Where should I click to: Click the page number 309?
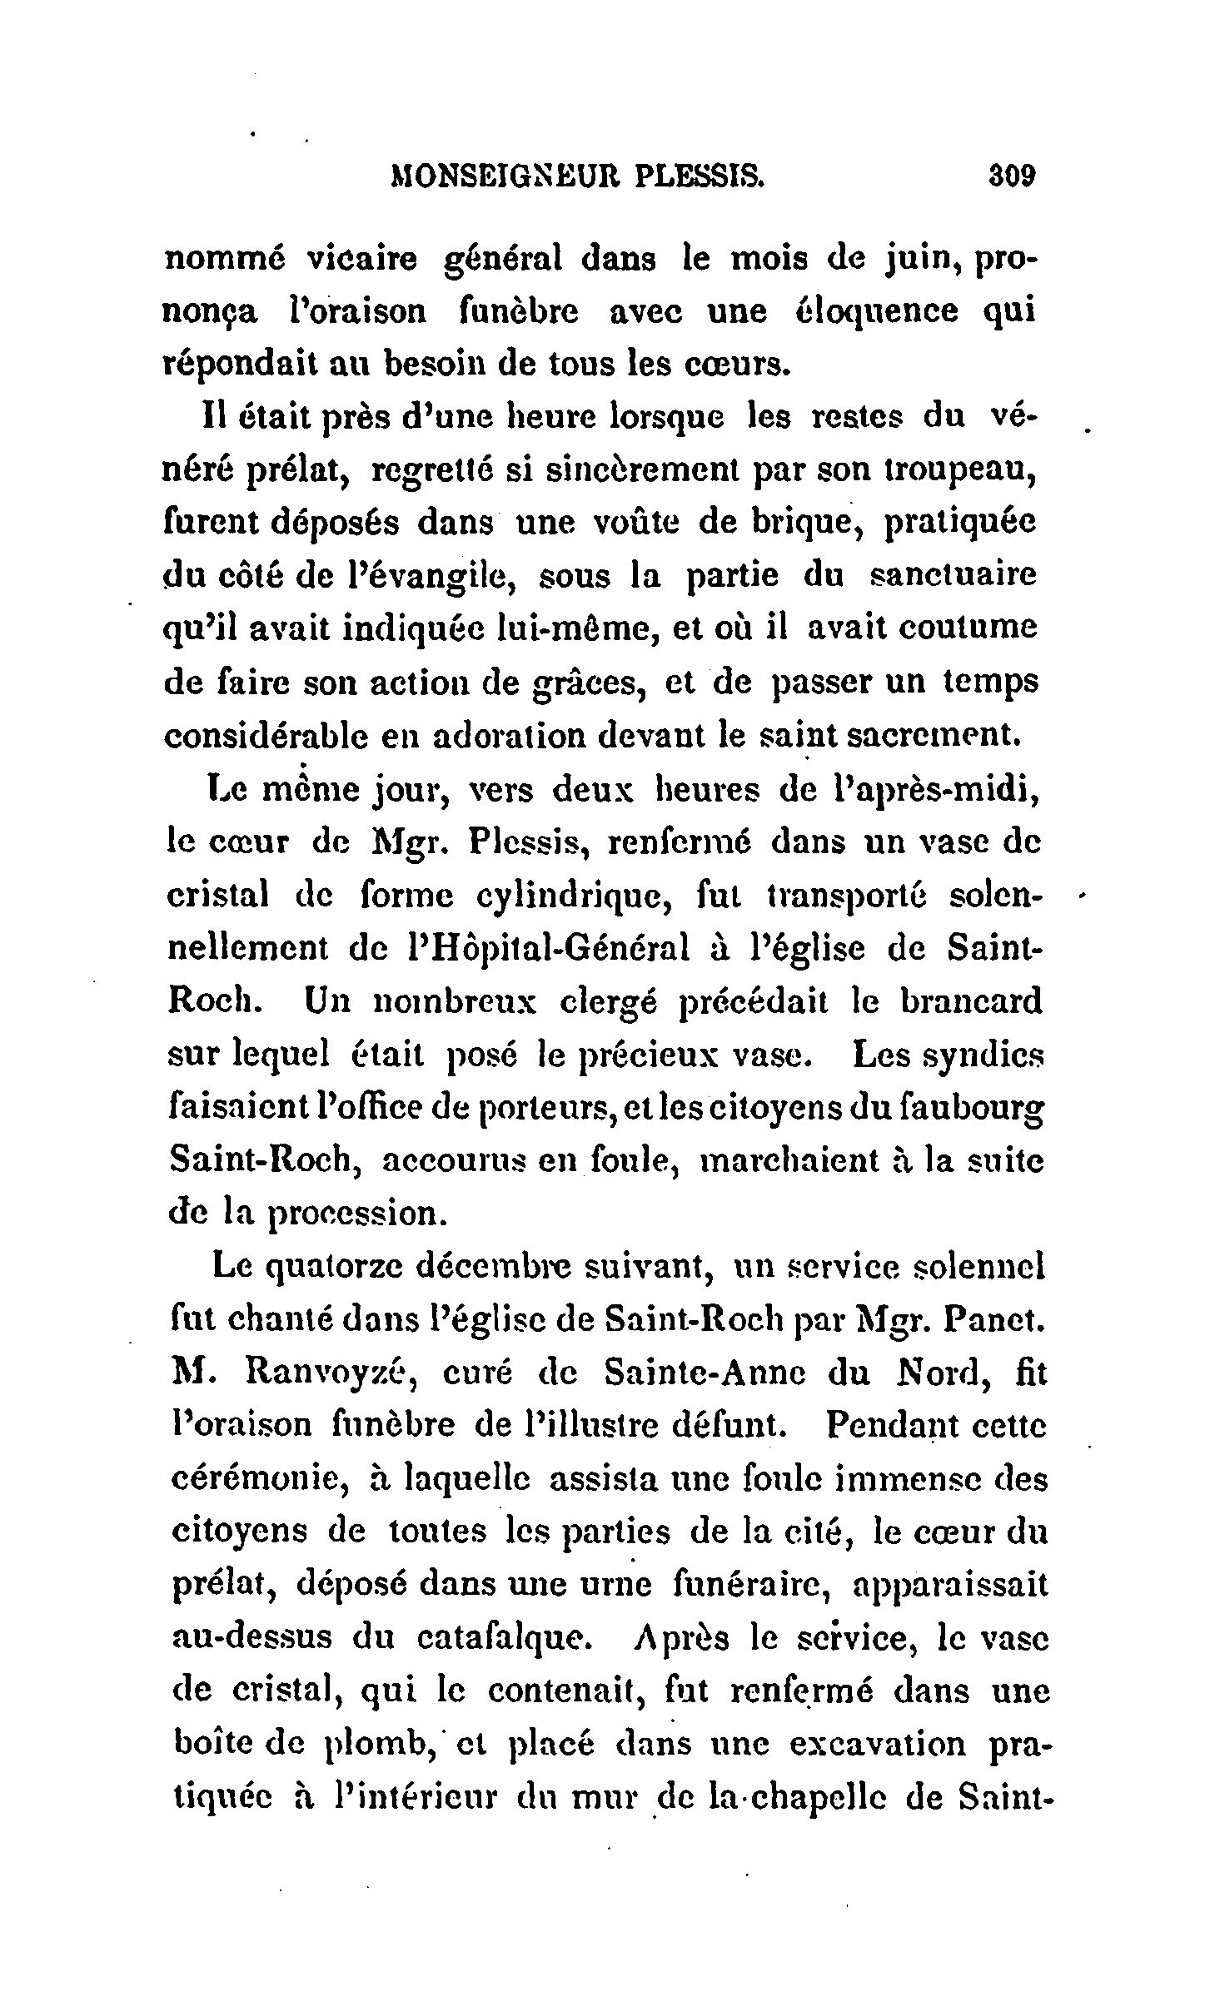click(x=1010, y=177)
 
